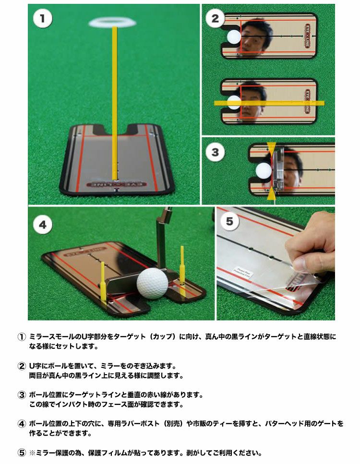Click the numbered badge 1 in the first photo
click(x=43, y=19)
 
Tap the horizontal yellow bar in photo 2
click(x=269, y=103)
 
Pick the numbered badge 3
click(x=215, y=153)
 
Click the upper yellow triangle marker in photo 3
click(x=272, y=147)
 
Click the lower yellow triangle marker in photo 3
click(x=272, y=193)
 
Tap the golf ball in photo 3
click(x=264, y=171)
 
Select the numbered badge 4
click(x=43, y=225)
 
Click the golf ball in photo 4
click(x=152, y=283)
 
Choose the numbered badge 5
click(x=230, y=221)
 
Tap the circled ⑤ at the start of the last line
click(x=21, y=452)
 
